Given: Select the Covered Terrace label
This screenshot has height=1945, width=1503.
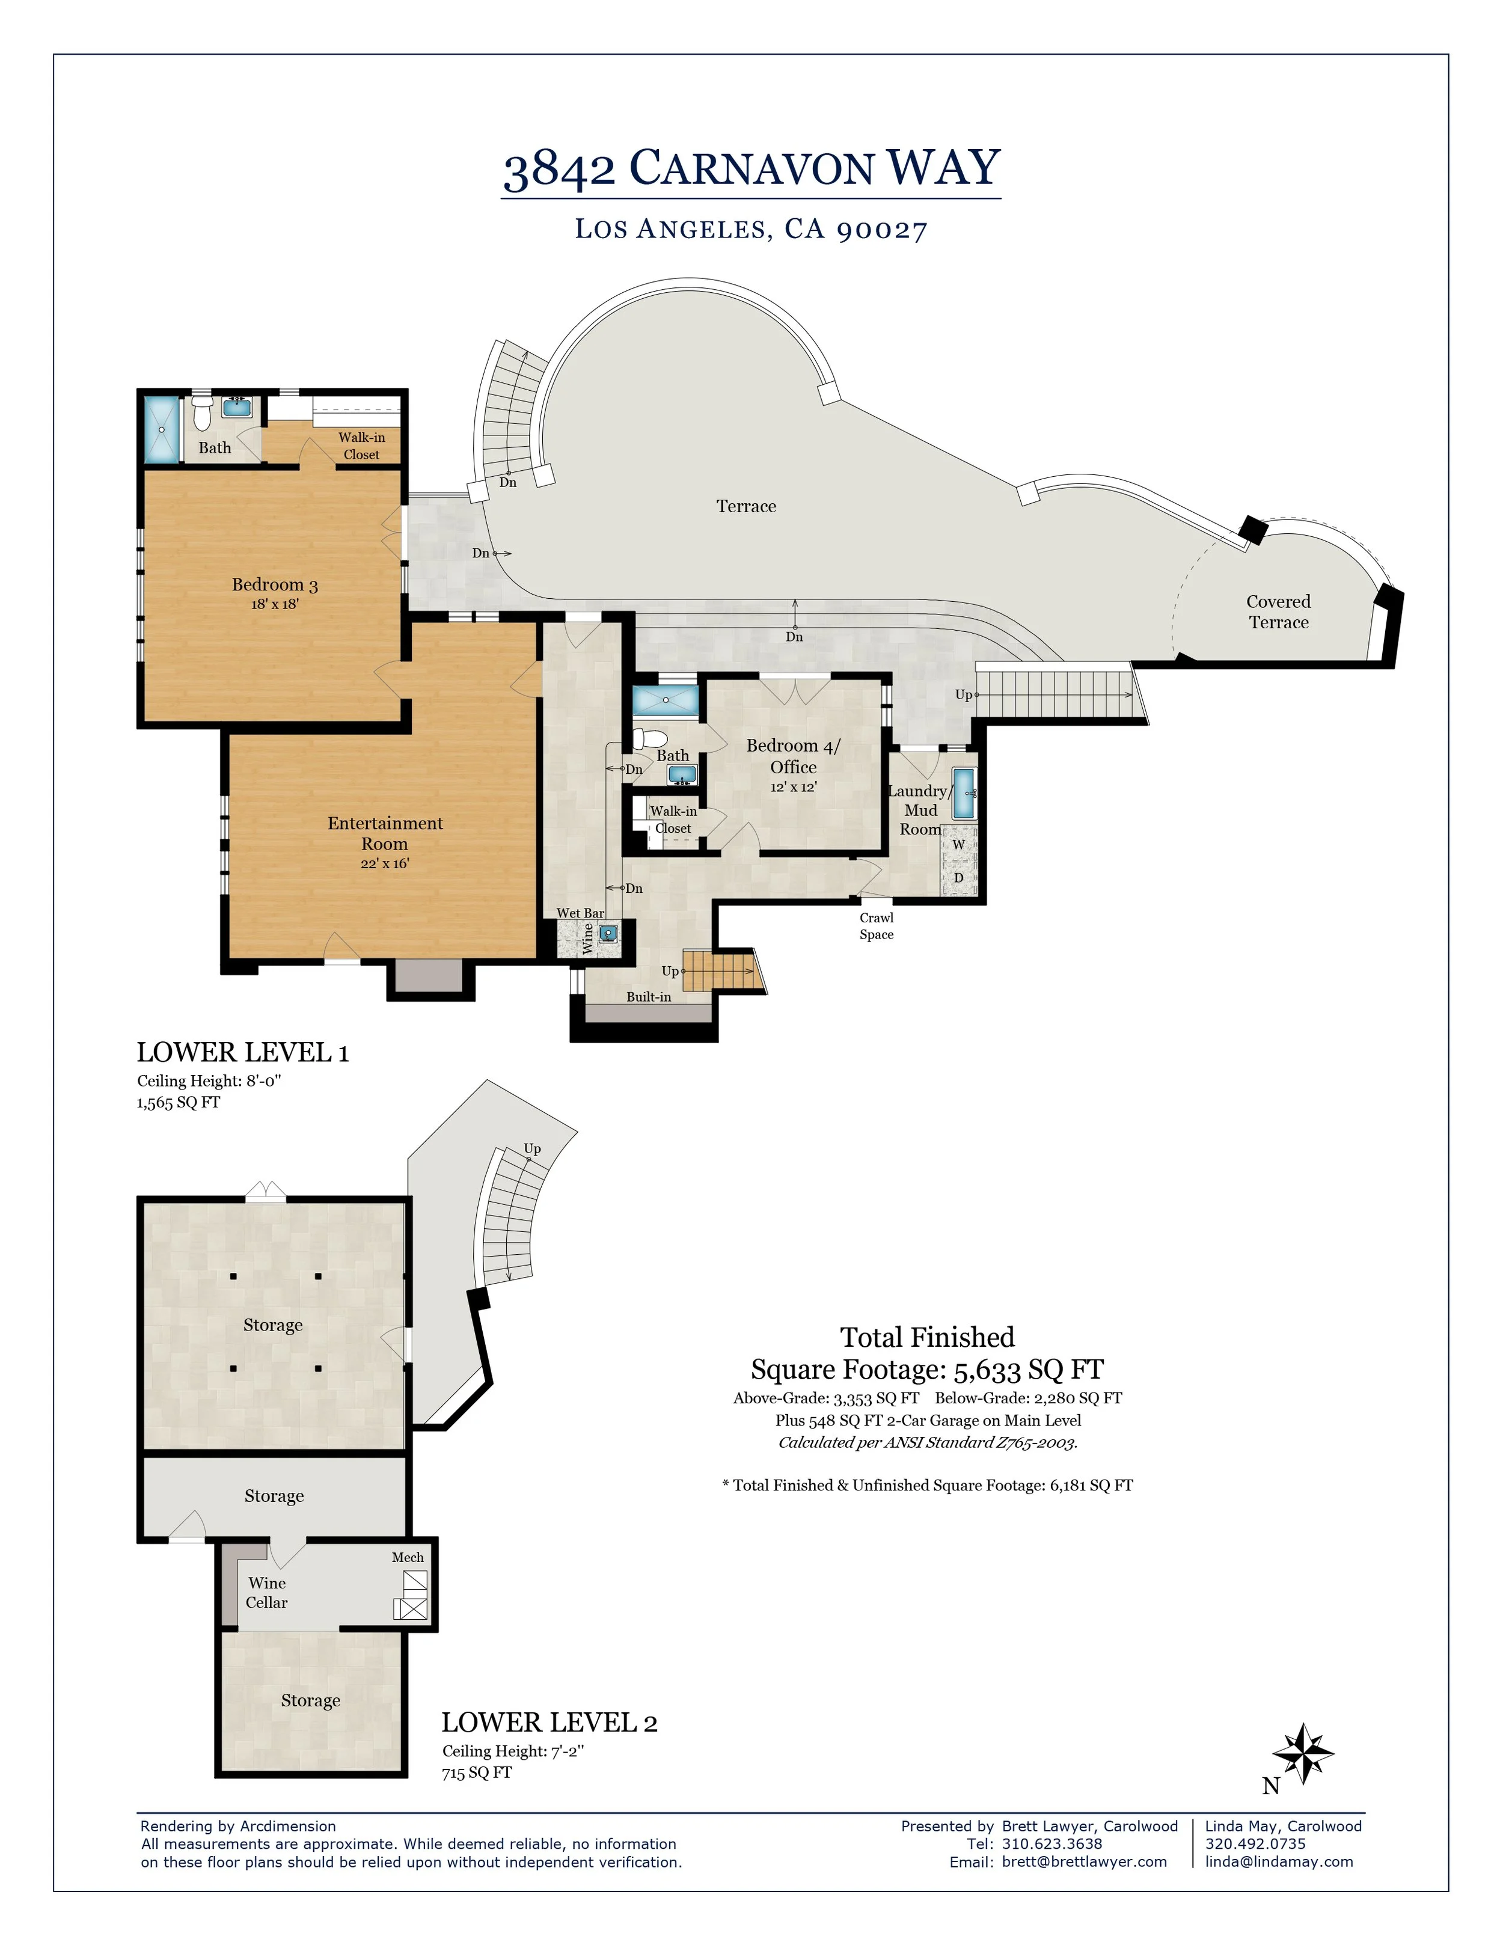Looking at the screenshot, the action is tap(1279, 612).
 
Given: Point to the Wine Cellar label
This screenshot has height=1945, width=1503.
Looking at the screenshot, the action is tap(267, 1592).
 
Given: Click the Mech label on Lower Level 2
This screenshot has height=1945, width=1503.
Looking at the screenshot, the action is tap(408, 1558).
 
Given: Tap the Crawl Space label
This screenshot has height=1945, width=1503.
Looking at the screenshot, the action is tap(876, 926).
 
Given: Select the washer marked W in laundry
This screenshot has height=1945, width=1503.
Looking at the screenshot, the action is tap(959, 844).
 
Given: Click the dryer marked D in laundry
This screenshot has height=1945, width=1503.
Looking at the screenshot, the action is tap(959, 878).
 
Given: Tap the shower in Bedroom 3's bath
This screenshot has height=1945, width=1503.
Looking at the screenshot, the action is tap(162, 429).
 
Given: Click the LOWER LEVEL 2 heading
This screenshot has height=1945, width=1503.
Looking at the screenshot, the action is tap(549, 1723).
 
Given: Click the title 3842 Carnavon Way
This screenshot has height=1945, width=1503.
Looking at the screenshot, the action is tap(751, 168).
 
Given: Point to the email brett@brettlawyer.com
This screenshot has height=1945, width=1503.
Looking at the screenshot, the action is tap(1083, 1861).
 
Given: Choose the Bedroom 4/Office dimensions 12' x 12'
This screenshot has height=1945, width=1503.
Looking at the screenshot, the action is tap(794, 787).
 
